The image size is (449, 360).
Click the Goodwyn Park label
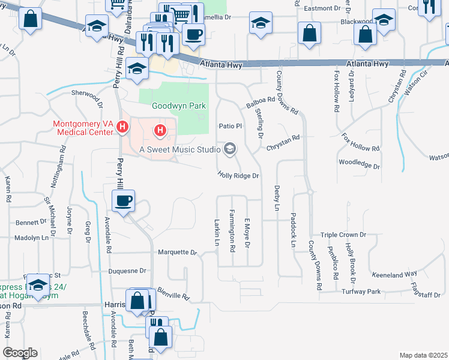click(178, 106)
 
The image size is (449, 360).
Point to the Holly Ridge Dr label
click(238, 176)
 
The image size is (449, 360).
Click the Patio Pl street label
click(229, 127)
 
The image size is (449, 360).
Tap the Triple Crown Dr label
click(343, 235)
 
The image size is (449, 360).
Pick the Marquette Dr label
click(176, 253)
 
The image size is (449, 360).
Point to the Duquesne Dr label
click(127, 271)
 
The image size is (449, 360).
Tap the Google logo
click(20, 353)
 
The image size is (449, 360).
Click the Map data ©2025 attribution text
click(423, 355)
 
